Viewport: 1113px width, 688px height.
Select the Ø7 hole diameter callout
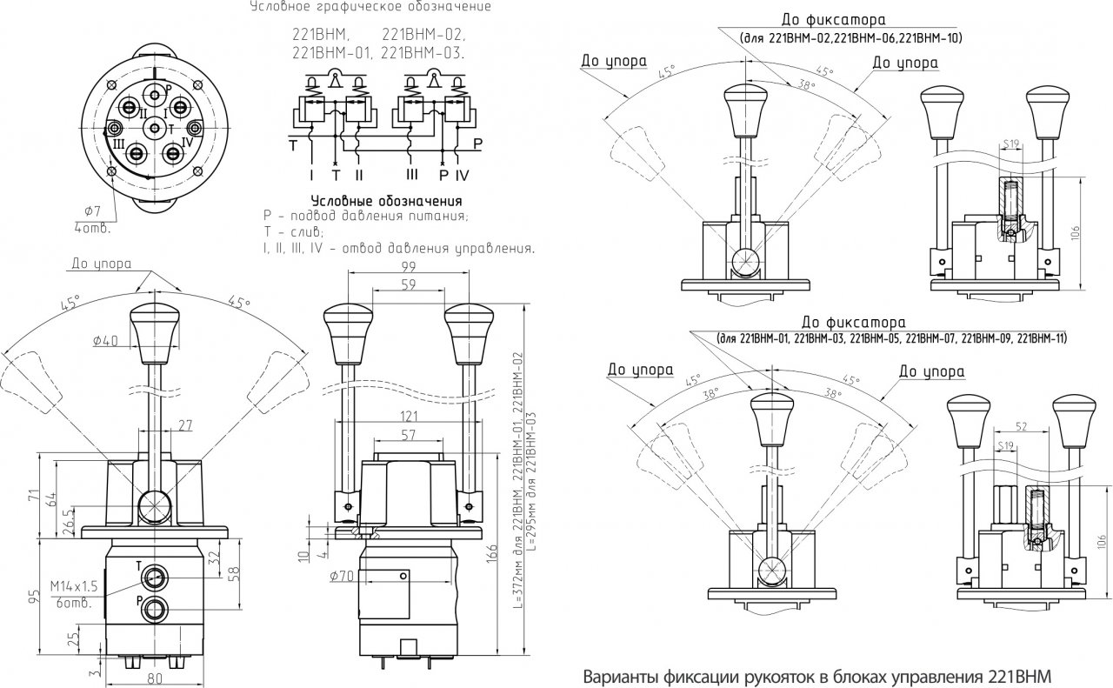tap(91, 212)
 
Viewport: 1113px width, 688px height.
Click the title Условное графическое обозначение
tap(370, 7)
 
